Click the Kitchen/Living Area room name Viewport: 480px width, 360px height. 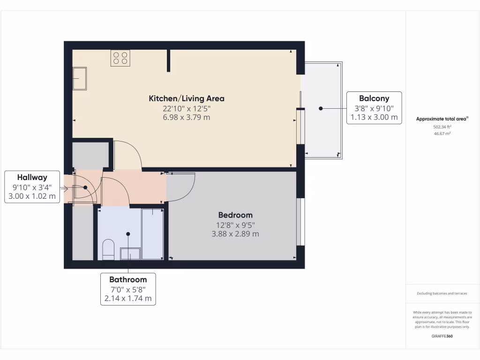point(187,98)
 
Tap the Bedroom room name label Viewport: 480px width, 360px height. point(235,215)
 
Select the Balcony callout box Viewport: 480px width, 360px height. point(374,108)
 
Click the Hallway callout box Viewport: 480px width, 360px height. point(32,187)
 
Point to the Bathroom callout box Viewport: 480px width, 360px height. point(128,289)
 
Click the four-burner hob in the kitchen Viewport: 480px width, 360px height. point(120,58)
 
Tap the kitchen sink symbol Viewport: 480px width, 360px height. point(79,78)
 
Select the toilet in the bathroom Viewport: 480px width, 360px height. point(108,249)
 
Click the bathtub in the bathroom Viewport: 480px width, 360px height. point(152,233)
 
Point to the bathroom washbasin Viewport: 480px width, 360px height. point(130,254)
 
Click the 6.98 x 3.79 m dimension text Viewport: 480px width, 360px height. point(187,117)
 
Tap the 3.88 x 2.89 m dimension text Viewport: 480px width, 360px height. point(235,233)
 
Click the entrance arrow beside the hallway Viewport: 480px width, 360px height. point(64,189)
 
